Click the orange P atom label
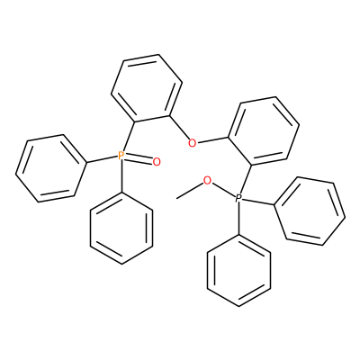pyautogui.click(x=121, y=156)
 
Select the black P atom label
pyautogui.click(x=238, y=198)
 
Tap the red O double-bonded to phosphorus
pyautogui.click(x=157, y=162)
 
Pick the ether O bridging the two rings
pyautogui.click(x=192, y=143)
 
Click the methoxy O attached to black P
pyautogui.click(x=207, y=181)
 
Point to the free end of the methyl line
pyautogui.click(x=177, y=198)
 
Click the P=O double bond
pyautogui.click(x=139, y=159)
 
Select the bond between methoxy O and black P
pyautogui.click(x=223, y=190)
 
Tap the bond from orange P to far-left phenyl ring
pyautogui.click(x=102, y=159)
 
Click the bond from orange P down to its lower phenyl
pyautogui.click(x=121, y=176)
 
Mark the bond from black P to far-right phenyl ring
pyautogui.click(x=259, y=202)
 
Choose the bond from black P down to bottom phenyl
pyautogui.click(x=238, y=219)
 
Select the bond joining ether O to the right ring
pyautogui.click(x=212, y=140)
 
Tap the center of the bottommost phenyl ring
pyautogui.click(x=238, y=270)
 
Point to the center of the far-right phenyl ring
pyautogui.click(x=310, y=211)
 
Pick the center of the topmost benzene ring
pyautogui.click(x=147, y=88)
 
